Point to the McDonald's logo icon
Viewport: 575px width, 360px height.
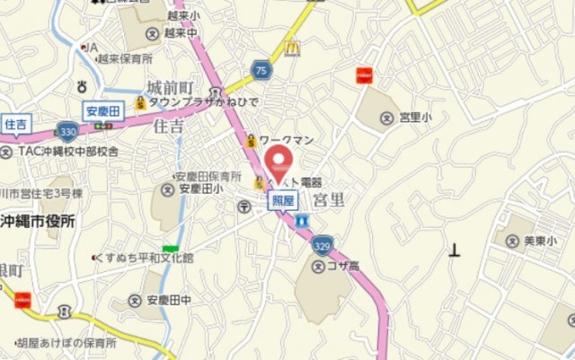pos(290,48)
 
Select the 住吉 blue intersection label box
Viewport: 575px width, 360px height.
pos(16,123)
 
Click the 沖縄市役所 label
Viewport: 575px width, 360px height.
pos(38,221)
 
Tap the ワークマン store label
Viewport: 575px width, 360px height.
pos(284,139)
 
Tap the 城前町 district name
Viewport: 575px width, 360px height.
pos(170,87)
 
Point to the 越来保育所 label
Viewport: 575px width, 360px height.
pos(125,59)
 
